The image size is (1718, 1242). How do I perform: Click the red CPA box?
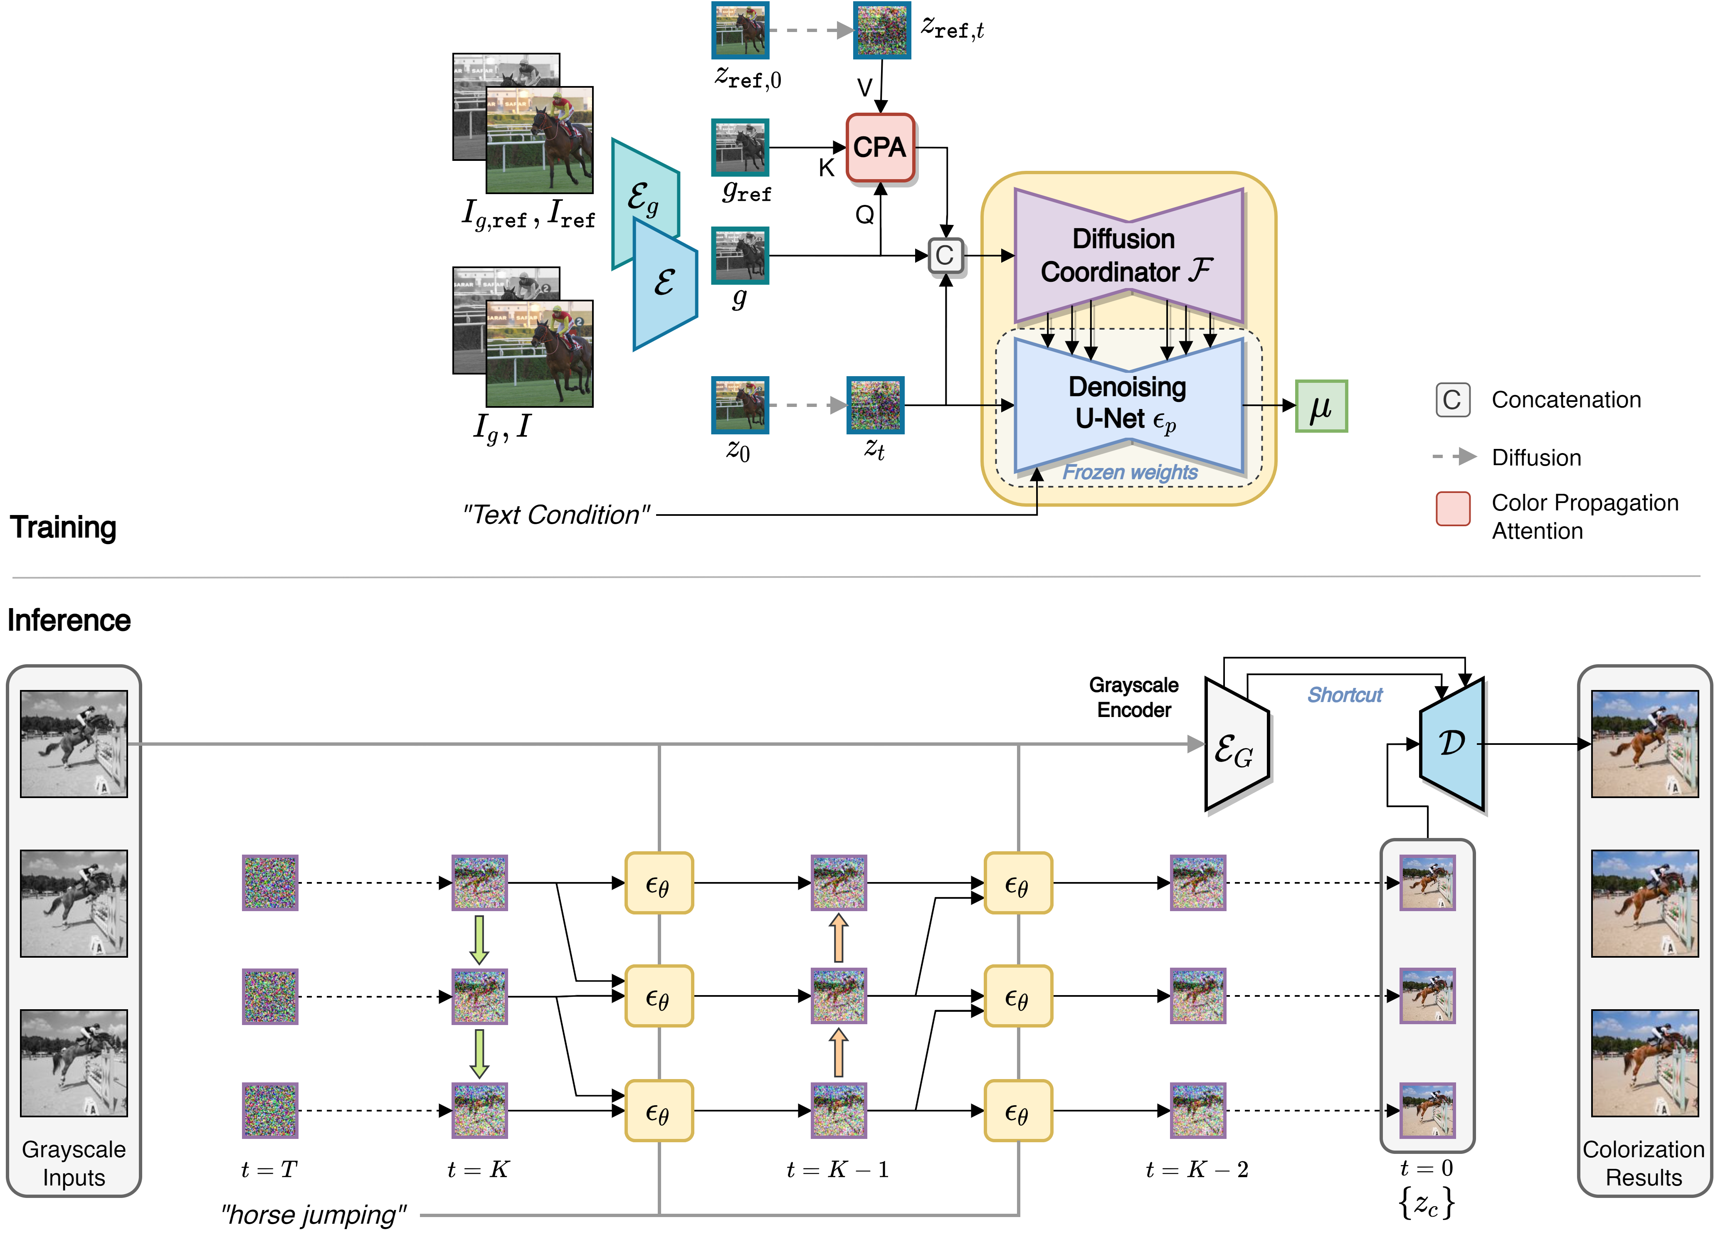879,148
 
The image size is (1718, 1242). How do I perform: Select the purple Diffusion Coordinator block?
1128,255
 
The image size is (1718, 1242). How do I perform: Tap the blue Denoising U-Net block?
1128,404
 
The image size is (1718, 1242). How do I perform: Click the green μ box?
1321,407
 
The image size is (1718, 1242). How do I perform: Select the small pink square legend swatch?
1453,509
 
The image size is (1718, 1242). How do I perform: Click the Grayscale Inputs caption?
74,1163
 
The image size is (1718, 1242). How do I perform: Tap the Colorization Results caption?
1643,1163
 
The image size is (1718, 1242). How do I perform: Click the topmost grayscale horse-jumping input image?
74,744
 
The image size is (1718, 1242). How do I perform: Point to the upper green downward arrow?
479,939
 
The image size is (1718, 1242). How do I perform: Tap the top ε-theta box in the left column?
658,883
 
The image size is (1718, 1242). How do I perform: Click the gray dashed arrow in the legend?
1454,457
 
